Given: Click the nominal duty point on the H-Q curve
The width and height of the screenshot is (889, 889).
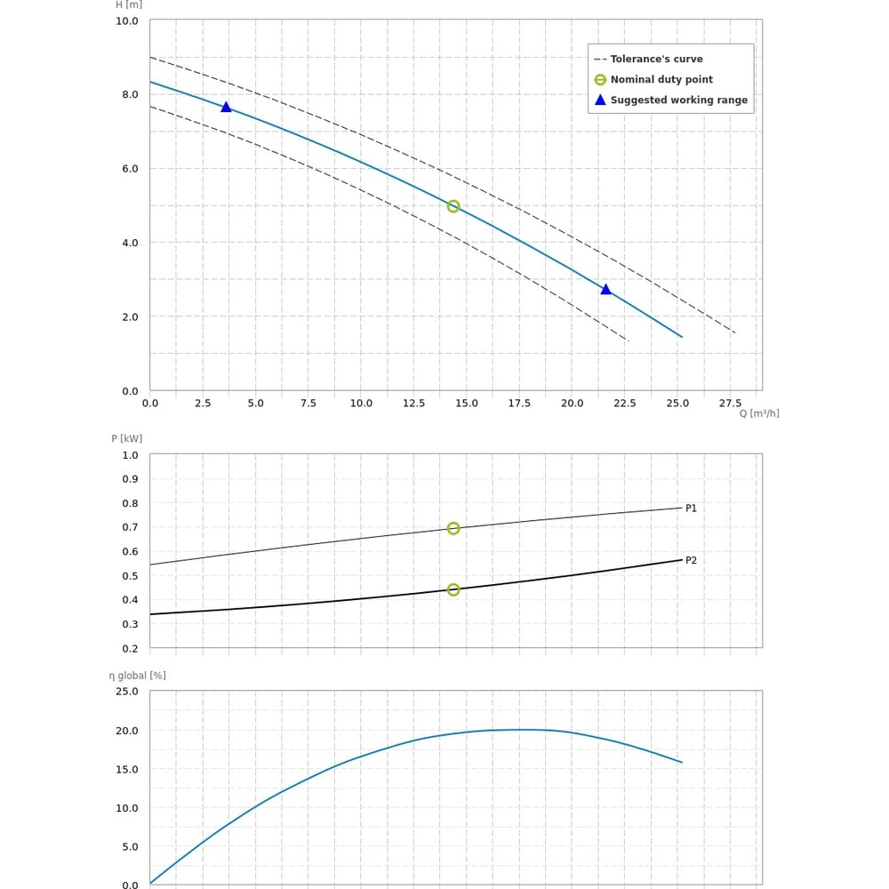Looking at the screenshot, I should tap(453, 206).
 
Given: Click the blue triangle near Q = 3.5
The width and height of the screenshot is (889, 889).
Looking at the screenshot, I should tap(226, 108).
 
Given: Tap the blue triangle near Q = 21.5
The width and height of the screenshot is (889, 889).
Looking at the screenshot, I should tap(605, 290).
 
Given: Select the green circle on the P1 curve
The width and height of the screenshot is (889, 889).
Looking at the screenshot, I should tap(453, 528).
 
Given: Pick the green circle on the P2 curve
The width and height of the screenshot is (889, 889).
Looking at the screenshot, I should tap(453, 589).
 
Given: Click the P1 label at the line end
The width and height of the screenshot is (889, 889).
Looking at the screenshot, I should tap(691, 509).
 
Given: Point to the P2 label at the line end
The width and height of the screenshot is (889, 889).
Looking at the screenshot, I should tap(691, 561).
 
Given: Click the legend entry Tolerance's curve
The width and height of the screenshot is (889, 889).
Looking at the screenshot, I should tap(656, 60).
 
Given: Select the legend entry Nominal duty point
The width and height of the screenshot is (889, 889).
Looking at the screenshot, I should tap(661, 80).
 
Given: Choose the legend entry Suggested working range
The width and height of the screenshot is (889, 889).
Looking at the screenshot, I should tap(678, 100).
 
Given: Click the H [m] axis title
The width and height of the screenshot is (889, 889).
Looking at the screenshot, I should tap(129, 4).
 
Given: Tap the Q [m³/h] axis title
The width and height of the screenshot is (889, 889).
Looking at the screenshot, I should tap(759, 413).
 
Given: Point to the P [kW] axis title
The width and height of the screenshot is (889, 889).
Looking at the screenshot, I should tap(126, 438).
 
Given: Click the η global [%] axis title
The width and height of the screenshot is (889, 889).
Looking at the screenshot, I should tap(138, 676).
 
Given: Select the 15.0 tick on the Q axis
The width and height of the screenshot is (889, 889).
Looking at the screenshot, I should tap(467, 404).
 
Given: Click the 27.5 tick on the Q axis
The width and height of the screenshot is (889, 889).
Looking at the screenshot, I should tap(730, 404).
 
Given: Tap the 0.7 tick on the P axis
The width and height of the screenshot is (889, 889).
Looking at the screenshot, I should tap(130, 527).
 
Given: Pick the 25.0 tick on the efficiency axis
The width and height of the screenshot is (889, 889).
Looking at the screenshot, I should tap(127, 691).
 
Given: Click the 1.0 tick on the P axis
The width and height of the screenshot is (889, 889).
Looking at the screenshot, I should tap(130, 455).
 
